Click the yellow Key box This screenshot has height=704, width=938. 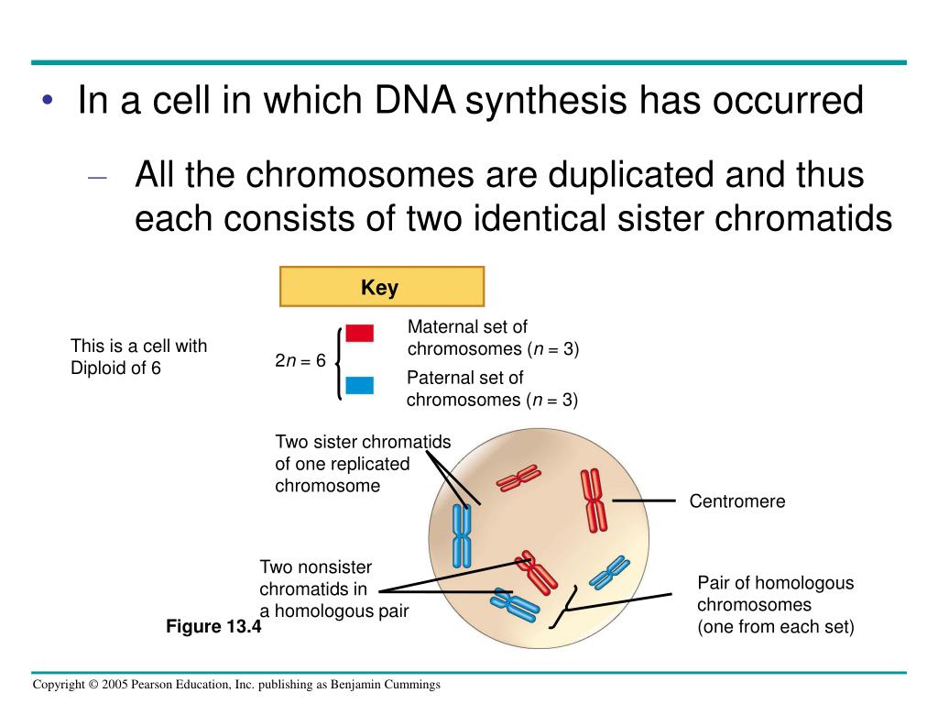point(381,287)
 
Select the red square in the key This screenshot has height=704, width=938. point(359,333)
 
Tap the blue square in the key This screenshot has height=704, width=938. point(359,384)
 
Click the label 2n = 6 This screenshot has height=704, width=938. point(300,360)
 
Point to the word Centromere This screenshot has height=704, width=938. point(737,501)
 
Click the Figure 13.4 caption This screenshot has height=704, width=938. point(213,627)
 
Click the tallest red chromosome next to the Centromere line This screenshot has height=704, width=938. point(594,500)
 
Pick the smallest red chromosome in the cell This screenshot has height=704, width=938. point(518,478)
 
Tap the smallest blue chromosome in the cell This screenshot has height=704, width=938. point(608,573)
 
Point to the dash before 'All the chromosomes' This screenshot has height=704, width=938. point(98,177)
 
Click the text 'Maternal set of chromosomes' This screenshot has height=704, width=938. point(493,338)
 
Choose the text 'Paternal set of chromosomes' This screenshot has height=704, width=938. point(492,389)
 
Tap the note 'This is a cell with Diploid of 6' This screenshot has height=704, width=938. point(139,357)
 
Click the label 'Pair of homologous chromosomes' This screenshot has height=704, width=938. point(775,605)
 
